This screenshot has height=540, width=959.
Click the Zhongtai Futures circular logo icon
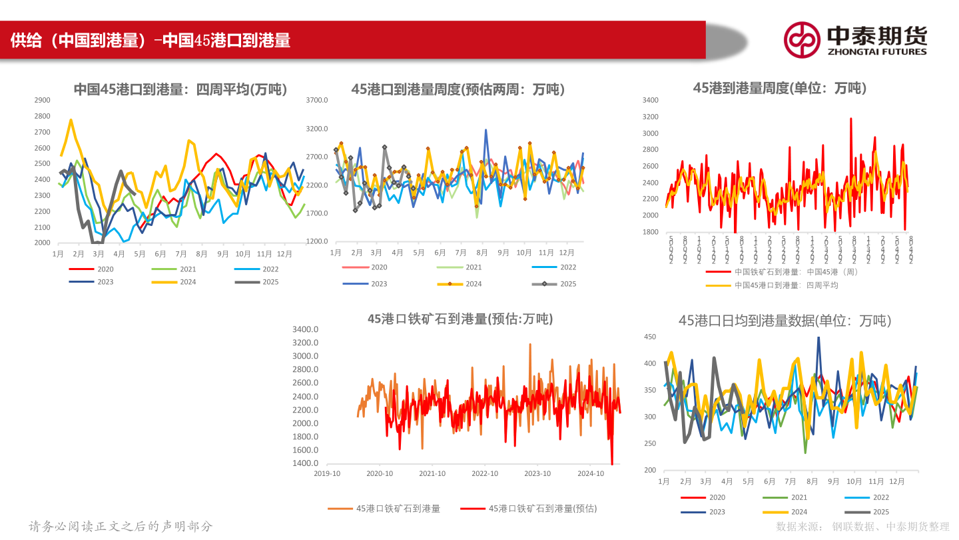click(801, 39)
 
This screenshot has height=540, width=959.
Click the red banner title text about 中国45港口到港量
click(151, 41)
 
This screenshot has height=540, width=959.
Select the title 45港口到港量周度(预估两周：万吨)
click(458, 89)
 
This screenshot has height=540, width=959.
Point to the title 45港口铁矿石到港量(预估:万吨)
click(460, 319)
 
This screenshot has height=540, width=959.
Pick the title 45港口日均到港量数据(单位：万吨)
click(785, 321)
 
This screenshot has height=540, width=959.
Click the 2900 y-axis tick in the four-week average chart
click(42, 100)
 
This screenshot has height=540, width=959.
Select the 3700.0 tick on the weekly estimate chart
click(317, 100)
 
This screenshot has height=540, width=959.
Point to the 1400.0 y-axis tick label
click(306, 463)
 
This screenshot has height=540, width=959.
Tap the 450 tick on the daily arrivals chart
click(650, 337)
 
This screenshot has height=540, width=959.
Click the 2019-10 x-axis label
click(327, 473)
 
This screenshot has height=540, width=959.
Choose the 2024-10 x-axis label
click(590, 473)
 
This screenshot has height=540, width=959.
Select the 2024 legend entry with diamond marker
click(460, 284)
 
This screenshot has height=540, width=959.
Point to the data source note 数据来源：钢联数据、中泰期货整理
click(862, 527)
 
